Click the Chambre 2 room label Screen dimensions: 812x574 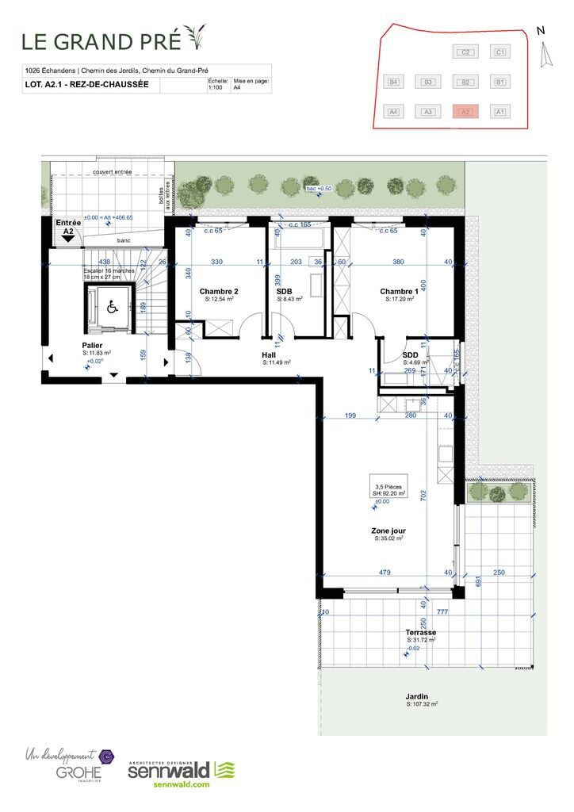pos(219,291)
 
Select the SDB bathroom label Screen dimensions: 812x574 pos(285,291)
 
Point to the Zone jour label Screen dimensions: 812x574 pos(388,530)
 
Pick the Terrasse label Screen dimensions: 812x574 pos(421,632)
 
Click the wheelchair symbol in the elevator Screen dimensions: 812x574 pos(110,308)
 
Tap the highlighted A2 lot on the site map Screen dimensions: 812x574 pos(465,112)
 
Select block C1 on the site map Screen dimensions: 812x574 pos(499,52)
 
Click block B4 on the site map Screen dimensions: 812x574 pos(392,82)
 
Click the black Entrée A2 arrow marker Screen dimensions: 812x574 pos(68,237)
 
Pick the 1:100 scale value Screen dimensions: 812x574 pos(215,88)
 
